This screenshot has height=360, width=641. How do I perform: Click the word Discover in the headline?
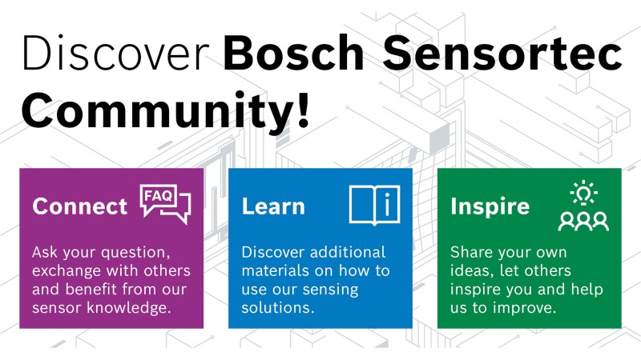115,53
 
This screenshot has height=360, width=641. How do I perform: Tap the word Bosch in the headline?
293,53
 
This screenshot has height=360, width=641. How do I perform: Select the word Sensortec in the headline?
502,53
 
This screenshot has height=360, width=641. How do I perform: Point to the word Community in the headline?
156,110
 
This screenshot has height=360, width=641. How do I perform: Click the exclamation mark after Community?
303,109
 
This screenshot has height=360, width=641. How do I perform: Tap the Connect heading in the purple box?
79,206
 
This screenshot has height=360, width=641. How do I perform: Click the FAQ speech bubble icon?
165,204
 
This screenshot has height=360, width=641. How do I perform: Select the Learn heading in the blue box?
273,206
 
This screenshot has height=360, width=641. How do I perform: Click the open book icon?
374,205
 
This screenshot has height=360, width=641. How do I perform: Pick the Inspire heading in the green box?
490,206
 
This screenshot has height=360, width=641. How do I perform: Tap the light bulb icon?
584,193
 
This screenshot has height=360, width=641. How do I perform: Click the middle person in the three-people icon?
583,222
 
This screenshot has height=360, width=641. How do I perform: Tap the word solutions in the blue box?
277,307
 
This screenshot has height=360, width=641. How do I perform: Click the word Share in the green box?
470,252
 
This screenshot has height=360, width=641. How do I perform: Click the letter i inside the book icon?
387,205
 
